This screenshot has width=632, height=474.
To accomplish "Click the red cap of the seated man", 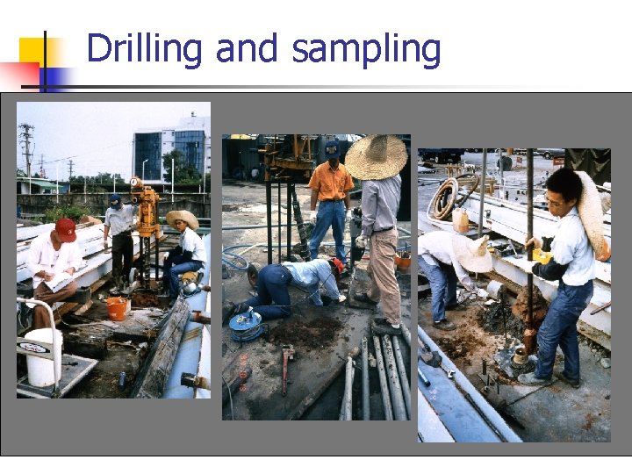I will coord(66,229).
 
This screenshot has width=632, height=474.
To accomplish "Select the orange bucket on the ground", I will coord(117,308).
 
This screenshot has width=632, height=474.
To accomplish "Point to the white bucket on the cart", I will coord(43,357).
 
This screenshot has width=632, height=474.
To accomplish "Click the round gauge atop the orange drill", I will coord(135,183).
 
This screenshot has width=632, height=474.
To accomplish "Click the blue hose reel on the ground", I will coord(245,324).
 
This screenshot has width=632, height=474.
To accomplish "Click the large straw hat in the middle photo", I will coord(376,157).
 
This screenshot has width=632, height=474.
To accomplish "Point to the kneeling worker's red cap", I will coord(338,265).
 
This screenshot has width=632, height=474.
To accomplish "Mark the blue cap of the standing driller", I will coord(115,199).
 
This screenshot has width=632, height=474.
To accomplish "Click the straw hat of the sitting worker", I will coord(183,218).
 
